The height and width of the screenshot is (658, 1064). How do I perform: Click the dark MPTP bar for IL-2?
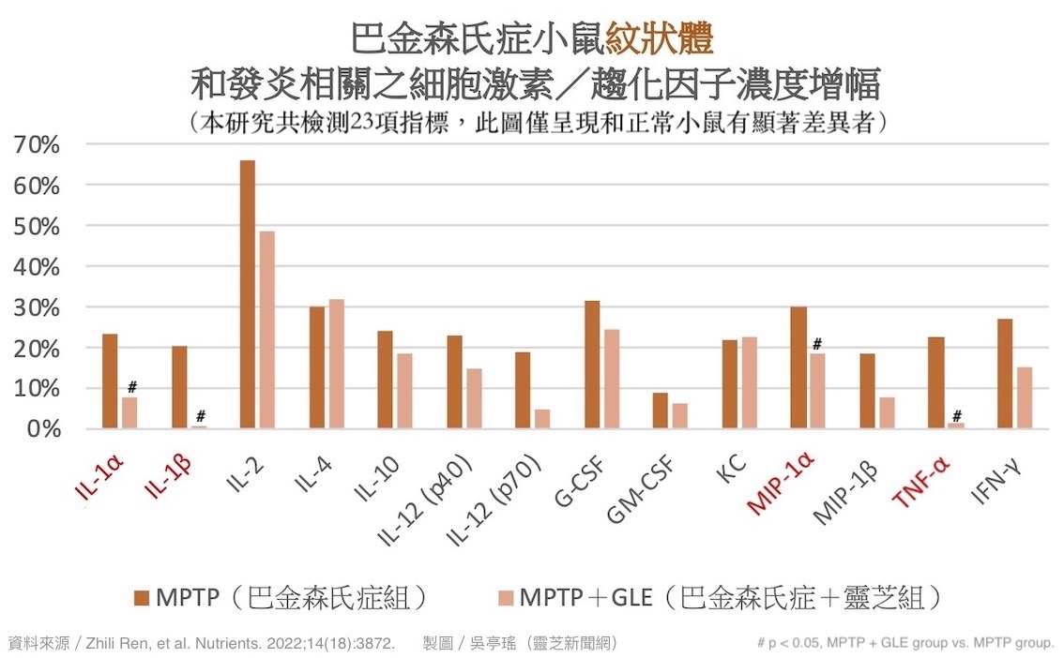click(248, 294)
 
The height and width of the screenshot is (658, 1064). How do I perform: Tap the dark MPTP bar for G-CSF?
click(592, 365)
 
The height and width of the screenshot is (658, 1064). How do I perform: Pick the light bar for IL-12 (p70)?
click(542, 419)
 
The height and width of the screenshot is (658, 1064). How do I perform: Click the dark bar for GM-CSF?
click(661, 411)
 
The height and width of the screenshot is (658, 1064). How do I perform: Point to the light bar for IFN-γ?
click(1025, 397)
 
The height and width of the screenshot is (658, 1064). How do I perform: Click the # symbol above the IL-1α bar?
click(132, 386)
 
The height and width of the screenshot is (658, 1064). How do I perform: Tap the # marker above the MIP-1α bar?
click(818, 343)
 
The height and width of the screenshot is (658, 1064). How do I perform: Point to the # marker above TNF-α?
click(956, 415)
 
